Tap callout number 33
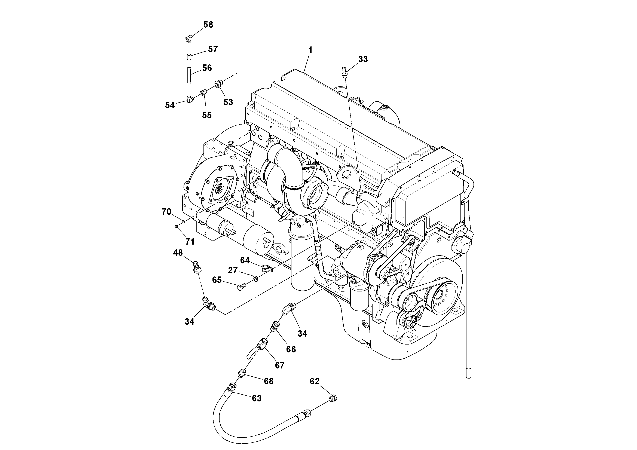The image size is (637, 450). (x=363, y=59)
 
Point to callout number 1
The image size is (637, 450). (x=310, y=50)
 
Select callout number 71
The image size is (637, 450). (x=190, y=242)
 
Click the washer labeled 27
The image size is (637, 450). (x=256, y=278)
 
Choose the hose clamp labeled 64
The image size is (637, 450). (x=267, y=268)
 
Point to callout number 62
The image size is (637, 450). (x=315, y=382)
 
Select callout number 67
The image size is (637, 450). (x=280, y=365)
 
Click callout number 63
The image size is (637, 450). (x=256, y=398)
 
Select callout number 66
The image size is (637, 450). (x=291, y=349)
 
